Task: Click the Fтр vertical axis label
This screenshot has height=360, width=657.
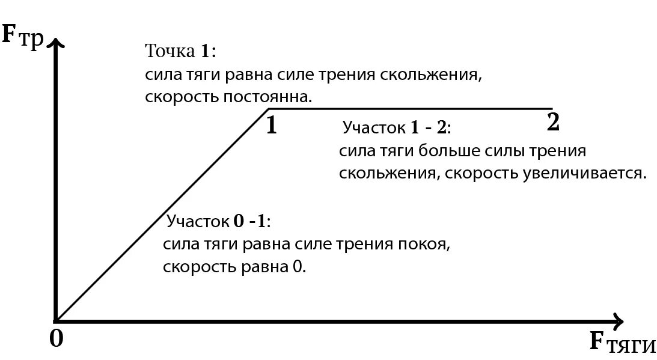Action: (23, 35)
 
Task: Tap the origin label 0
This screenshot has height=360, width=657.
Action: (56, 339)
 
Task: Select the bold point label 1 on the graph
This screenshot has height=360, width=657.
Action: (271, 126)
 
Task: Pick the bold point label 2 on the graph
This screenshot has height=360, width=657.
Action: (553, 123)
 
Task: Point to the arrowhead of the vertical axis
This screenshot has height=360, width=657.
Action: (55, 43)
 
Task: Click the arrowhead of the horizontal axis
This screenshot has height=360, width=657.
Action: (618, 320)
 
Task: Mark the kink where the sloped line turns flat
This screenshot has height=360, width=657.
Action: (267, 109)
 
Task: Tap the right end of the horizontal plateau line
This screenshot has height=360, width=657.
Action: (551, 109)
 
